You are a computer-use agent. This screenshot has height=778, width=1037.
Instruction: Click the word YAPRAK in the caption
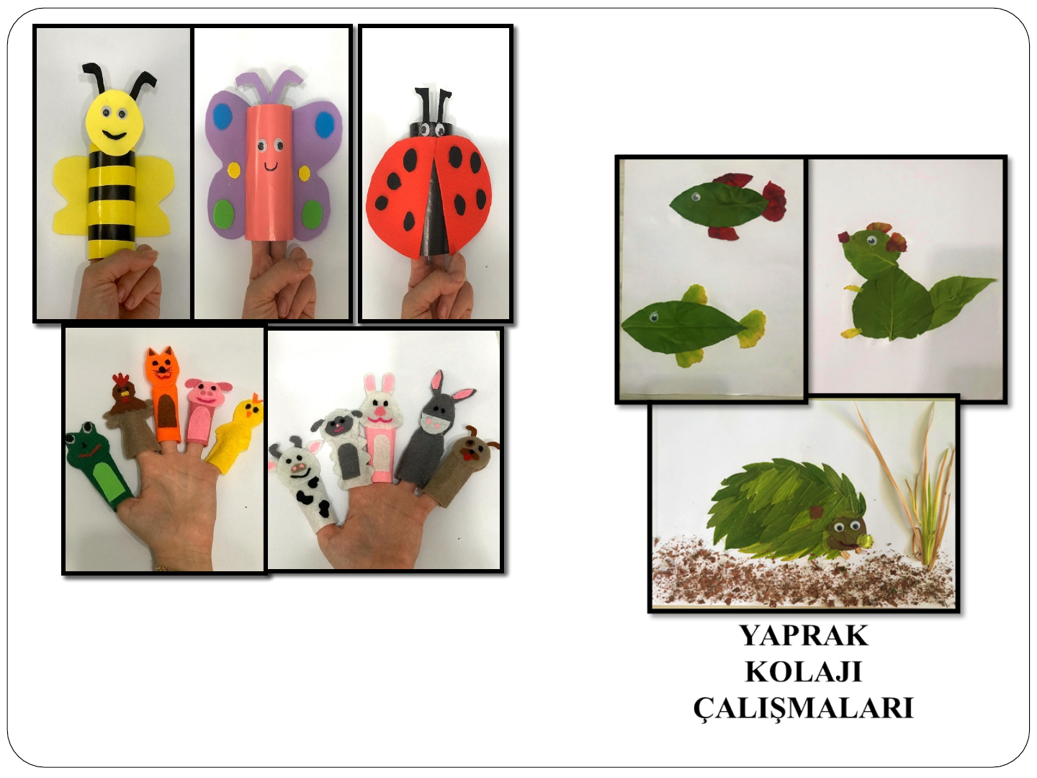(x=804, y=636)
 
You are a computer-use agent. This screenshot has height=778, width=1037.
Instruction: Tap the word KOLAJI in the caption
(x=804, y=671)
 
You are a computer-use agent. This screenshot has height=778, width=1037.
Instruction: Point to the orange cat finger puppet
(x=163, y=395)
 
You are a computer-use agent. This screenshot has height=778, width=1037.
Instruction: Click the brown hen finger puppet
(x=129, y=415)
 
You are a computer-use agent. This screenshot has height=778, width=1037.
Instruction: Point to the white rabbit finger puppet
(x=382, y=427)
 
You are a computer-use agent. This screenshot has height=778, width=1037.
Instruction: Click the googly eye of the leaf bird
(x=871, y=241)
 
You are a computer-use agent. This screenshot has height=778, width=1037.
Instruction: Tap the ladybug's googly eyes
(x=432, y=128)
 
